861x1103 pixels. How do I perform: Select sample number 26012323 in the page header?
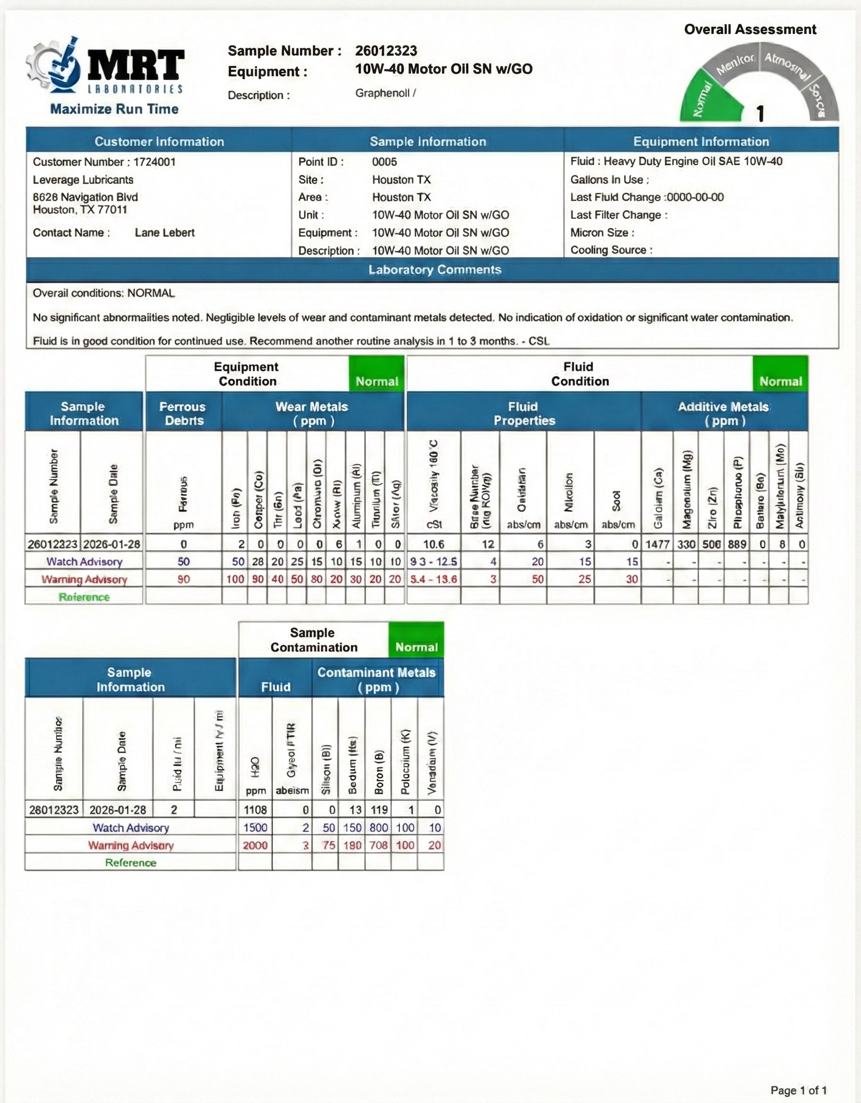[386, 51]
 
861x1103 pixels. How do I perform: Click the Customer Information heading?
[159, 141]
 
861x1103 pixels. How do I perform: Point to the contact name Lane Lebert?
[165, 233]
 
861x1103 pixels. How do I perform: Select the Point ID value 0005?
[384, 162]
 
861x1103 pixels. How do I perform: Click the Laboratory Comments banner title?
[434, 270]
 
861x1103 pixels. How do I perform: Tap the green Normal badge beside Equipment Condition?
[377, 382]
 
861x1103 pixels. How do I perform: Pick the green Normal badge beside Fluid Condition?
[780, 382]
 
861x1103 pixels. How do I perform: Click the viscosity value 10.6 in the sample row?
[433, 544]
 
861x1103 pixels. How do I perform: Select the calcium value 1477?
[657, 544]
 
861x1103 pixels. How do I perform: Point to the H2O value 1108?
[255, 810]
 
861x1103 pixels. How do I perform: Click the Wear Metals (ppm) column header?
[312, 413]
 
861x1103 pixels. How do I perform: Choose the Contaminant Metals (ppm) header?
[377, 679]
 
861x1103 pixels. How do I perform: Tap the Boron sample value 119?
[379, 810]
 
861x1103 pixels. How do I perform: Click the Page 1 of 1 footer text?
[798, 1090]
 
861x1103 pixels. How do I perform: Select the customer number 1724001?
[154, 162]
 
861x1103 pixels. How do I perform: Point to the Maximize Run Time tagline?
[114, 109]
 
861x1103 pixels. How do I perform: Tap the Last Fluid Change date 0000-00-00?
[695, 197]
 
